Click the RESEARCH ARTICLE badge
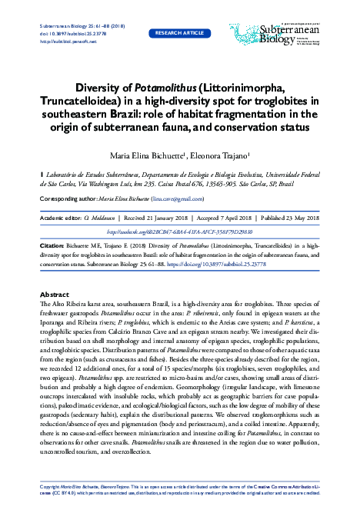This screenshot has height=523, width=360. click(x=180, y=34)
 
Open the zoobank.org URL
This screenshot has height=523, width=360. click(x=179, y=230)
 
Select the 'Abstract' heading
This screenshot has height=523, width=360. click(x=55, y=295)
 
